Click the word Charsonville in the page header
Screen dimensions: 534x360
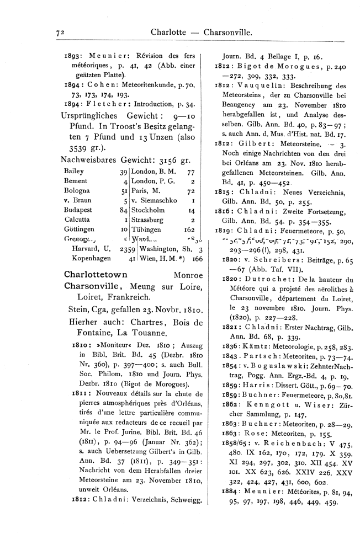(228, 33)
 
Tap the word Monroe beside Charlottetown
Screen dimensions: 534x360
(188, 275)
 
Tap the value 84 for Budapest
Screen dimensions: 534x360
(123, 210)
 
